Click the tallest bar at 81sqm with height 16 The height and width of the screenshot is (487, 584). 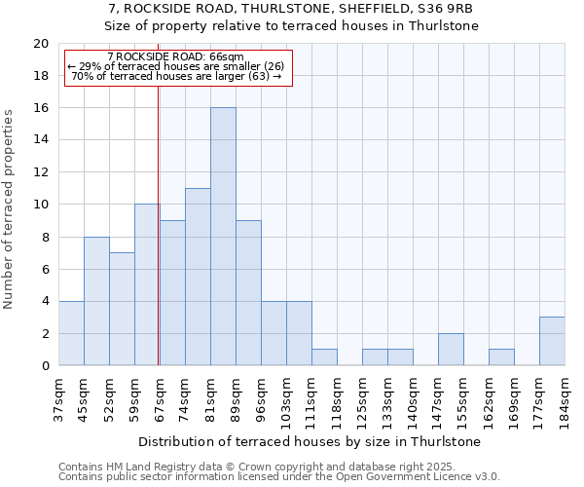223,237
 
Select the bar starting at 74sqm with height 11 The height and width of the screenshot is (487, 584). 198,277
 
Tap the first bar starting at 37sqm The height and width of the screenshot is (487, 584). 71,333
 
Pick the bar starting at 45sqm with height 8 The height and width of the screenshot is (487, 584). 96,301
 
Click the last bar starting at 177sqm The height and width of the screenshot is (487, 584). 552,341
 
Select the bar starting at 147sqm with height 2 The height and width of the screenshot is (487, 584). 451,349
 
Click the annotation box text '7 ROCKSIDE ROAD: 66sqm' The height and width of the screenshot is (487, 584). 176,57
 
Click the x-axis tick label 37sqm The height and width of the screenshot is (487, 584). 59,397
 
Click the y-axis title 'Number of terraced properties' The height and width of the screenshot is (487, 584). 10,209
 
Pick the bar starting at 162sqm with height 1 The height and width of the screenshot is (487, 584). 501,357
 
